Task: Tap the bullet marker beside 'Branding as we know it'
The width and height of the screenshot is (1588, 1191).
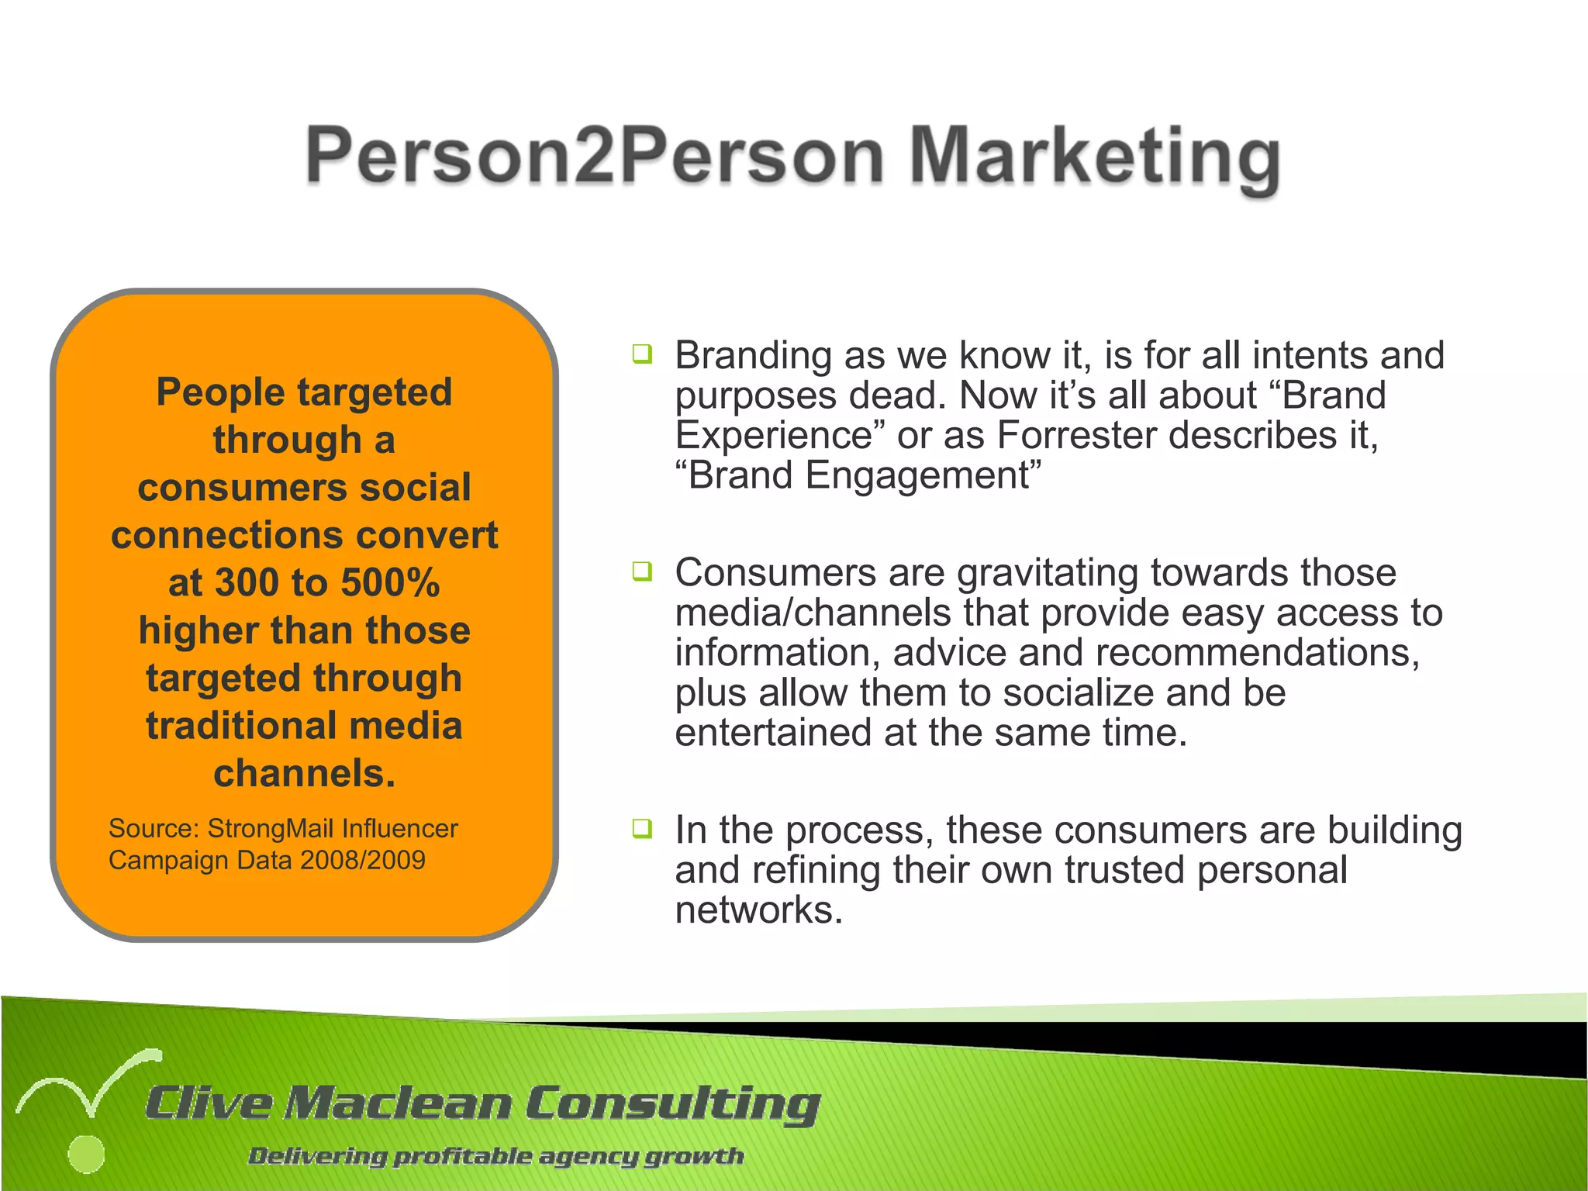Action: pos(642,355)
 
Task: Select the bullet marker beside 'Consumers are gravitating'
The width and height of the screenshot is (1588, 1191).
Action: pos(642,572)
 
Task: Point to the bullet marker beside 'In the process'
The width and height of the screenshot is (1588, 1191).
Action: pos(642,829)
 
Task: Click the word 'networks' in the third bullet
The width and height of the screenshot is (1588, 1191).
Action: pos(758,910)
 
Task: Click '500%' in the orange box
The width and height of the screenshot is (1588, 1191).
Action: pos(390,582)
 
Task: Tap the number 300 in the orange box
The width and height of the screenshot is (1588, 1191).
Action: pos(247,582)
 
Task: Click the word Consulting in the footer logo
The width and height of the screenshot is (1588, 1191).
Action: pos(672,1103)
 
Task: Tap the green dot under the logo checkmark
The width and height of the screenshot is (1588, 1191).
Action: pos(86,1155)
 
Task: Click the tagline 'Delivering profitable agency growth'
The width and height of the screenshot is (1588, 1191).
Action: pos(495,1156)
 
